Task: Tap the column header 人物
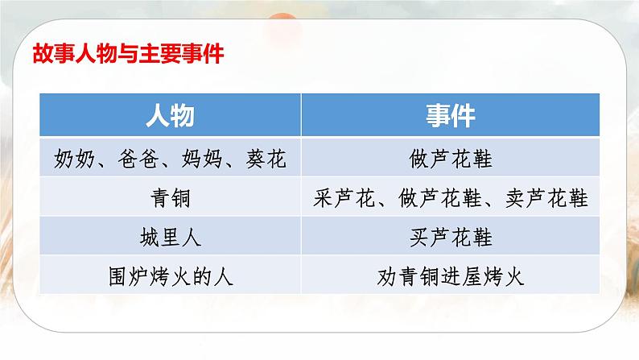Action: [x=170, y=116]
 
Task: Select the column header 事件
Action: [x=451, y=116]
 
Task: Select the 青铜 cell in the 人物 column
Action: [x=170, y=198]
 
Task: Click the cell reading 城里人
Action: [x=170, y=238]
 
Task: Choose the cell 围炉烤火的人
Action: [x=170, y=277]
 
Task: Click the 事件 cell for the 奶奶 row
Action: [x=451, y=159]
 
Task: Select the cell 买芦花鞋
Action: [x=451, y=238]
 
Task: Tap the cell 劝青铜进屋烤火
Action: [x=451, y=277]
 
